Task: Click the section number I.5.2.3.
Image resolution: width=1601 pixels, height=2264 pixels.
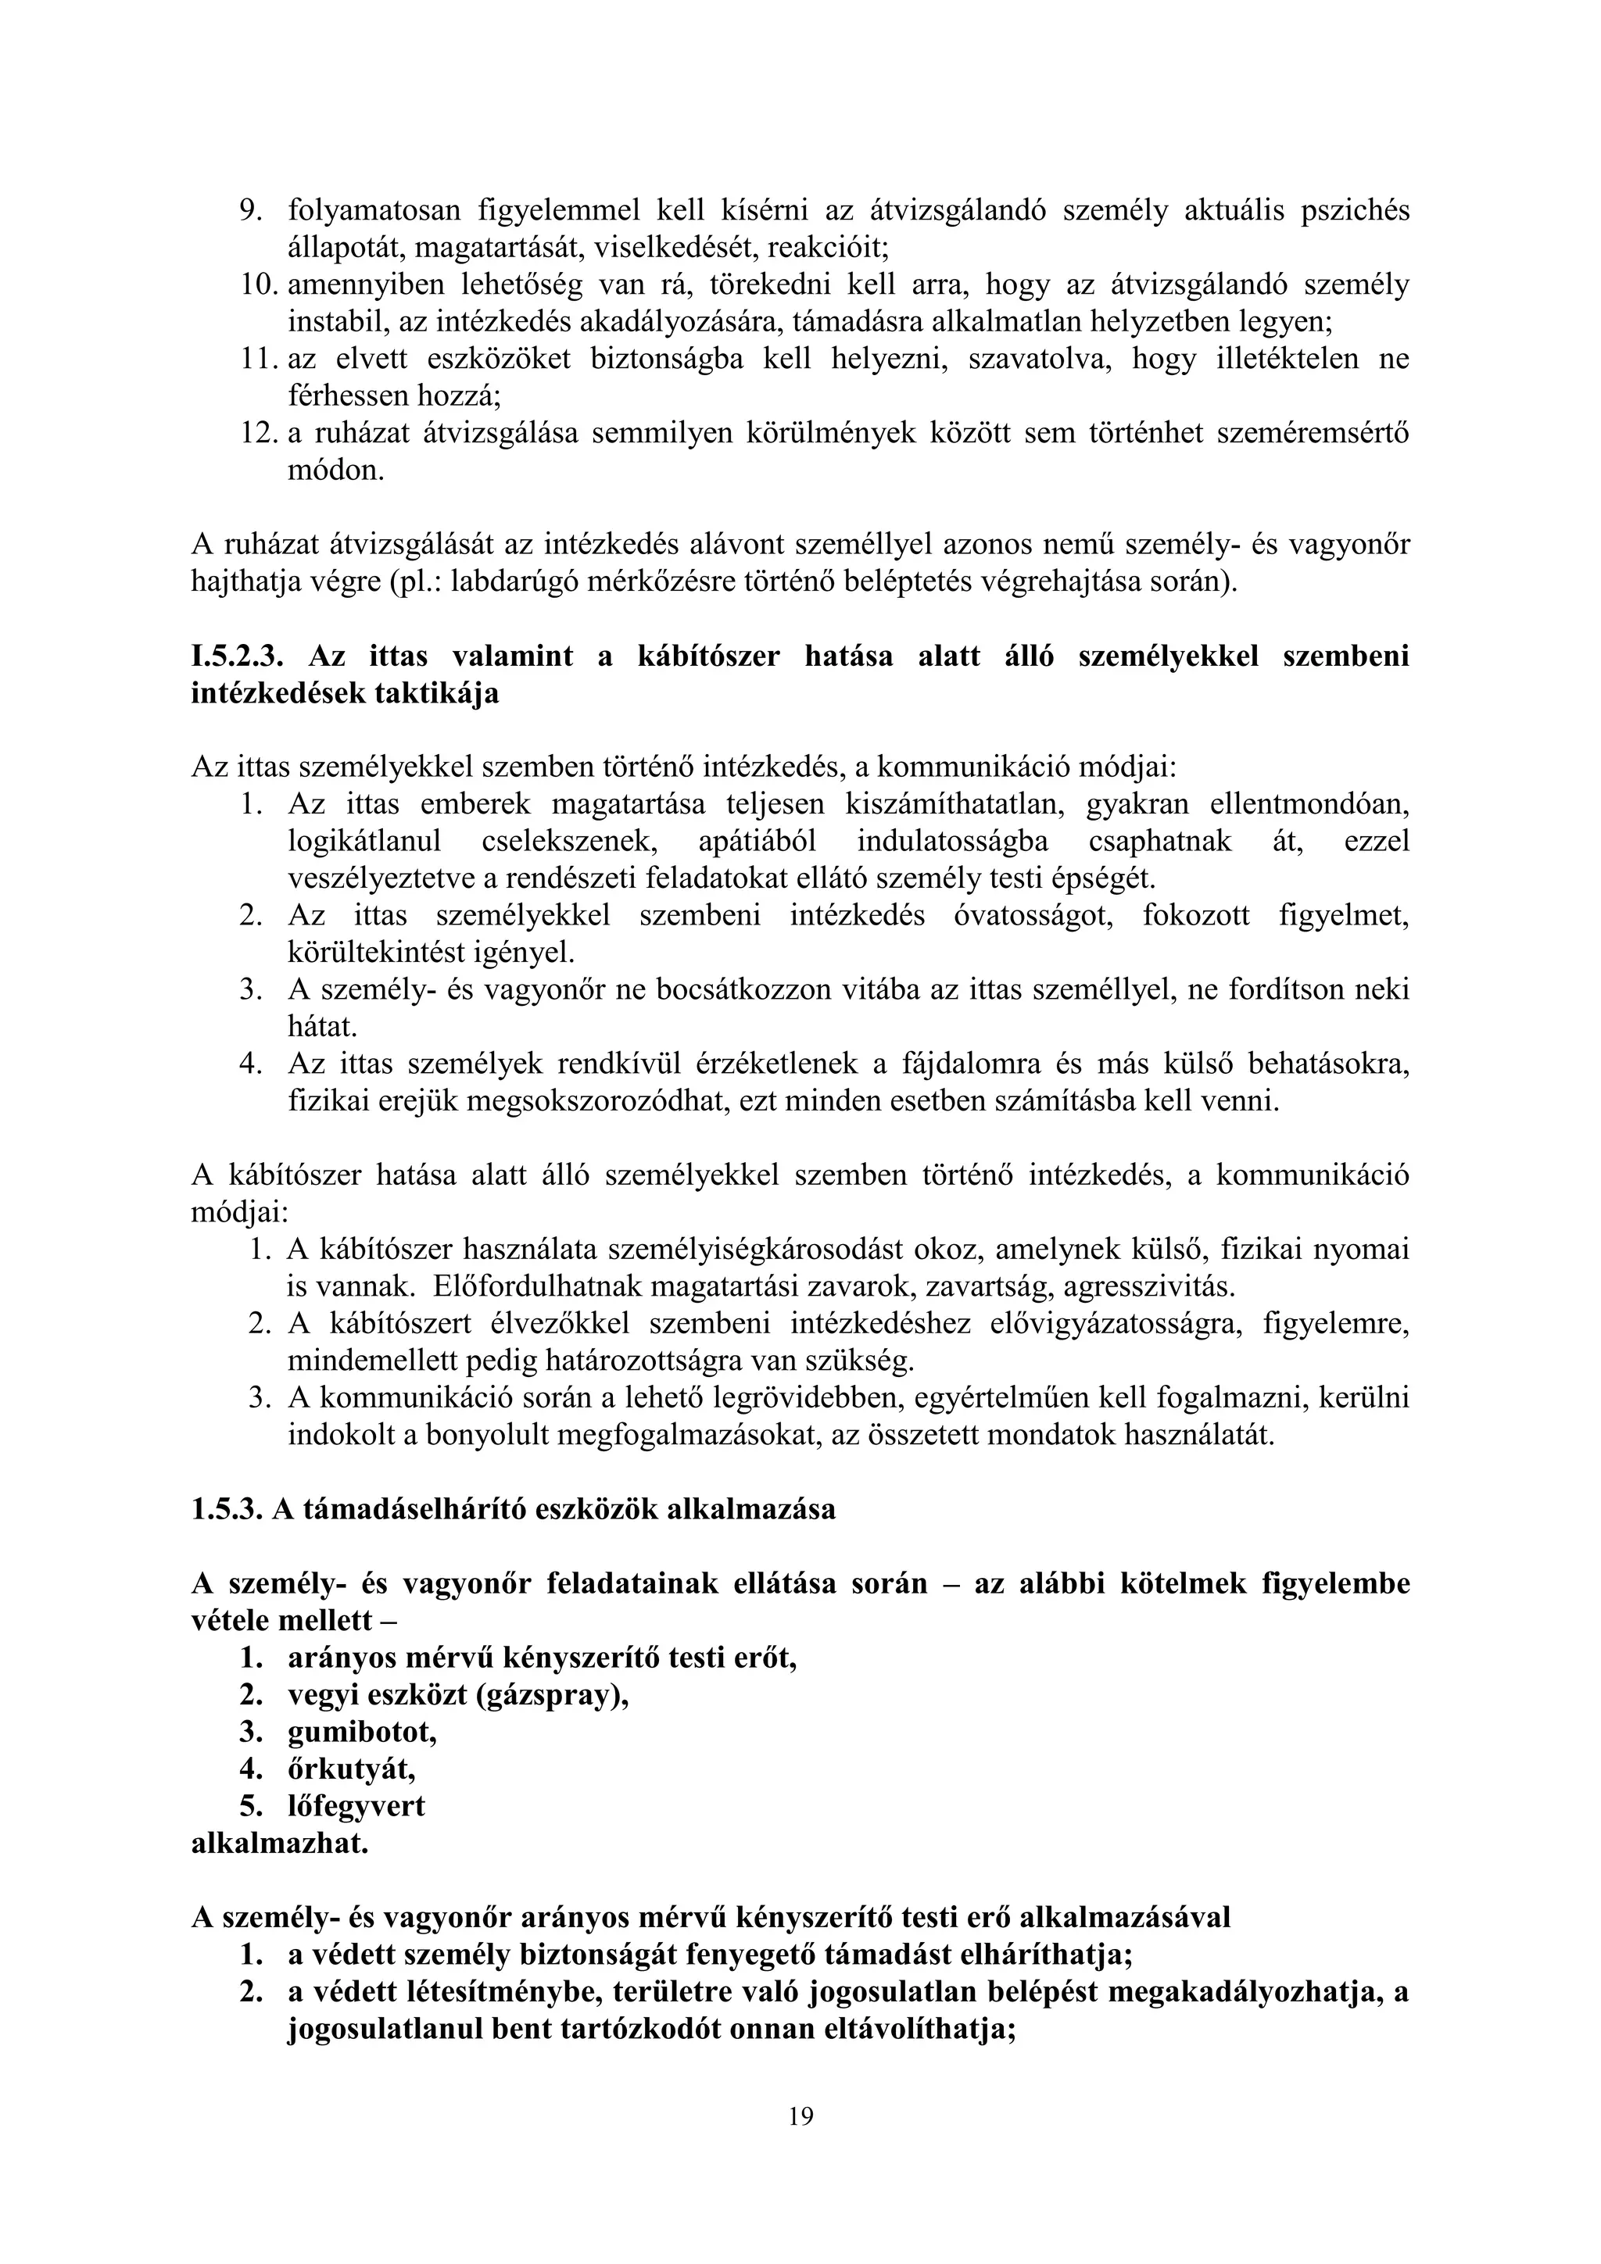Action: (237, 656)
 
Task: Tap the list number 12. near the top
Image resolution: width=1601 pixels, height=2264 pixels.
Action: (260, 434)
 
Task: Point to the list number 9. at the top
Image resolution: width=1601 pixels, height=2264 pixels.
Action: (253, 210)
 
